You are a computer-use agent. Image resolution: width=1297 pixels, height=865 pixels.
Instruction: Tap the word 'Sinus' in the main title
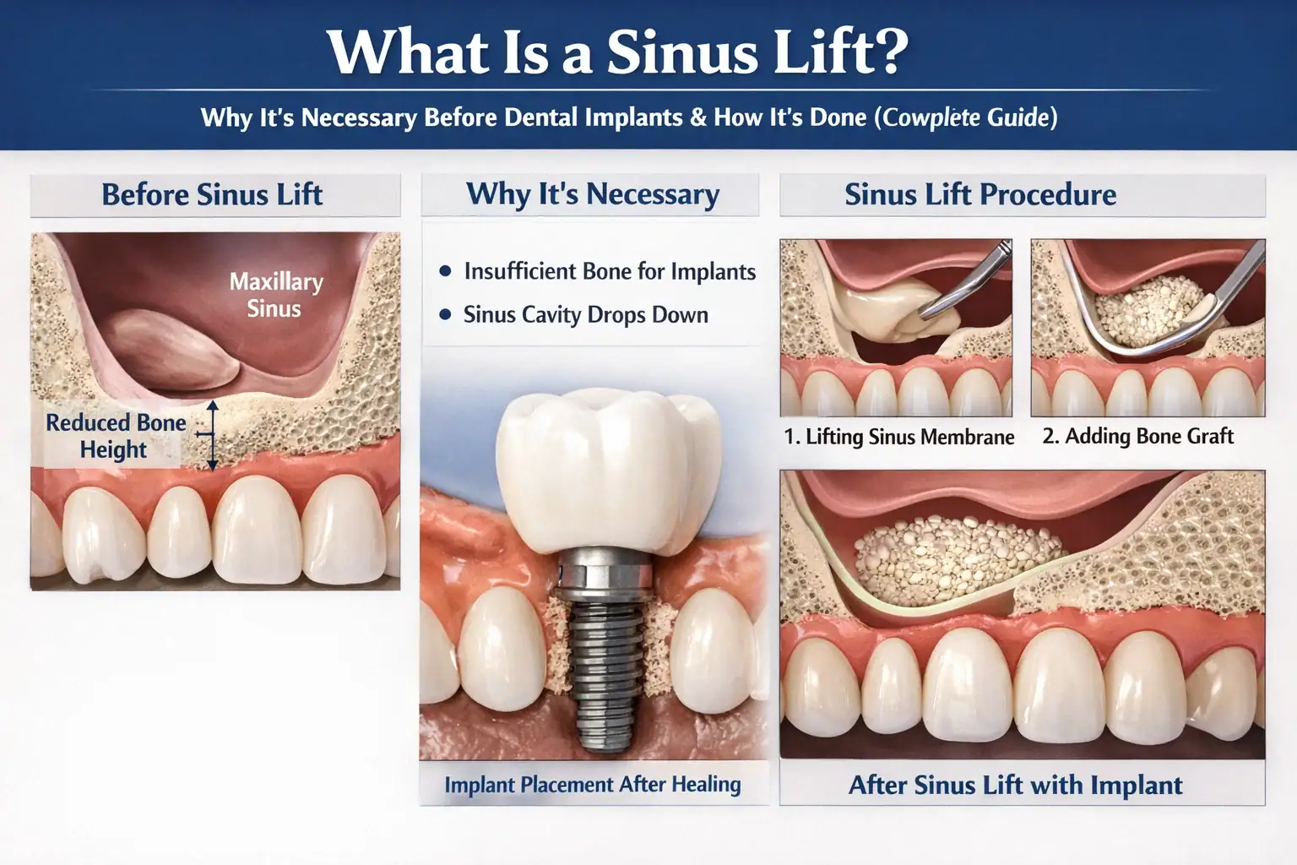pos(682,52)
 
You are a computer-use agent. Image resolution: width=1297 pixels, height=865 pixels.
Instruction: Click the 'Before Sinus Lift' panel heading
pos(212,194)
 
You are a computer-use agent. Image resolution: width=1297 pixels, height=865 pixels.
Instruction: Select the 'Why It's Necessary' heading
pos(593,195)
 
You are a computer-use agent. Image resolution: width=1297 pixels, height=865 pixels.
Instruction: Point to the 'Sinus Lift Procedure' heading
pos(980,194)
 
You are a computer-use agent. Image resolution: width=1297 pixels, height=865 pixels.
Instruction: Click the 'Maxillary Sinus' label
pos(275,295)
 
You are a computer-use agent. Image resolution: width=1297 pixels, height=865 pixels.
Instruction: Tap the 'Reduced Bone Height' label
pos(115,436)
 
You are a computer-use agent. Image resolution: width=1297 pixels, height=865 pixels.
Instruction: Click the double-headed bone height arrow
pos(213,434)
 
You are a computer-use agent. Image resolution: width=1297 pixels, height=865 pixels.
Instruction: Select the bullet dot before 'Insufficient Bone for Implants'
pos(445,271)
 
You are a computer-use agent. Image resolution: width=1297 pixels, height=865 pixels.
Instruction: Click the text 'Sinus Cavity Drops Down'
pos(585,314)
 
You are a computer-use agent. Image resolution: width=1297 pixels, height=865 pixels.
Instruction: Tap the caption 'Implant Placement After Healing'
pos(592,785)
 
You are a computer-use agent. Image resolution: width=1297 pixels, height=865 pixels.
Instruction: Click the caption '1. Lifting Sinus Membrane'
pos(898,436)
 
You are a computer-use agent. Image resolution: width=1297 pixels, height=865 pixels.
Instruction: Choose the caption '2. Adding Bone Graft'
pos(1137,436)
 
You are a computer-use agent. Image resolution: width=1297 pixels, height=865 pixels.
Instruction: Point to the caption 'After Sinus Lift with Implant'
pos(1015,785)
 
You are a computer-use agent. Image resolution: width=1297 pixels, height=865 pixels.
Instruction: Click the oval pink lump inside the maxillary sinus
pos(171,350)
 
